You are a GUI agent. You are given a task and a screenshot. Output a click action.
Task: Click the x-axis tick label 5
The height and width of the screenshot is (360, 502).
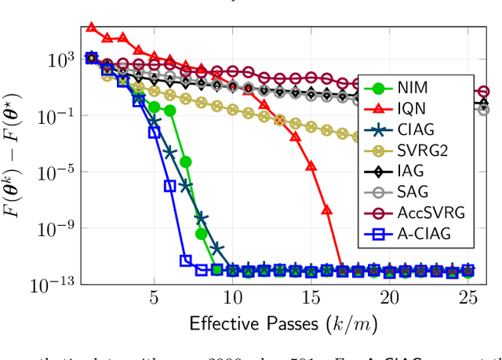coord(154,298)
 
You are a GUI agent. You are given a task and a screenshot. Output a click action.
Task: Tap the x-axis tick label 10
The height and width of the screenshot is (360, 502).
coord(232,298)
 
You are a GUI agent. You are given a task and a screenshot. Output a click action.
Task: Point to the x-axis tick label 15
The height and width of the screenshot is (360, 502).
coord(311,298)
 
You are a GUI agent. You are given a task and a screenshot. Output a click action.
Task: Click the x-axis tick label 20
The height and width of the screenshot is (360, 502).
coord(389,298)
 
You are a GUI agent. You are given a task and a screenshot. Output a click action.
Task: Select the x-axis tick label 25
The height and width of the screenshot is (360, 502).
coord(467,298)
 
